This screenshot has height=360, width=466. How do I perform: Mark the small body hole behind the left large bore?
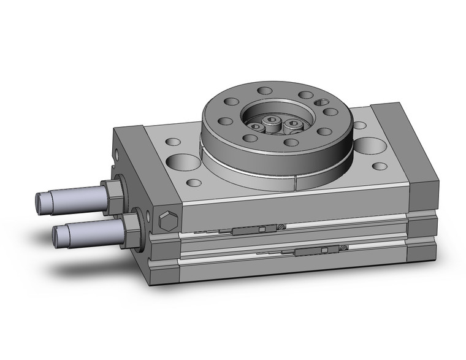click(169, 142)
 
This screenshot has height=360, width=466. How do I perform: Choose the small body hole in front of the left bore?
click(194, 182)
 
